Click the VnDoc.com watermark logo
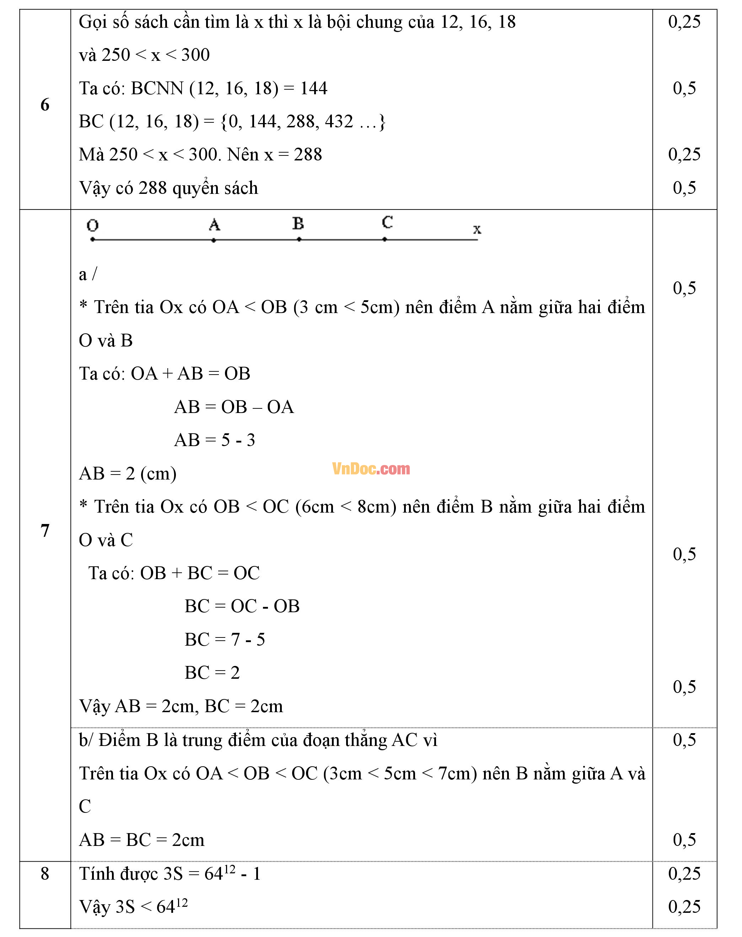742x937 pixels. click(371, 468)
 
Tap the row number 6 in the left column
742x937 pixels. click(45, 104)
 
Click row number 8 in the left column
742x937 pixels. click(45, 874)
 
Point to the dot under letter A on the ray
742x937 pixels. click(214, 240)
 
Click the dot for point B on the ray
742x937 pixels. click(299, 239)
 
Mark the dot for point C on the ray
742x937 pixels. click(385, 239)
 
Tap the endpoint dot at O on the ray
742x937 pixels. click(92, 239)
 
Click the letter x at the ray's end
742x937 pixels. click(477, 229)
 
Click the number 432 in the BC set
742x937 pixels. click(339, 121)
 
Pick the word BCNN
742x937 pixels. click(157, 88)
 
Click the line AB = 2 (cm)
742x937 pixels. click(128, 473)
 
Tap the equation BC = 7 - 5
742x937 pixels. click(225, 639)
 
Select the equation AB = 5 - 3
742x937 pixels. click(215, 440)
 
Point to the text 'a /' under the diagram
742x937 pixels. click(88, 274)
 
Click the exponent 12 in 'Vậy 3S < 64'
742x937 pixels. click(182, 902)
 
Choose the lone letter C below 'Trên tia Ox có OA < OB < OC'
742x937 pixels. click(85, 806)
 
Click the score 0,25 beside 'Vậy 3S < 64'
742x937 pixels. click(684, 906)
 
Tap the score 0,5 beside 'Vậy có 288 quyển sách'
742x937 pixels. click(684, 188)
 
